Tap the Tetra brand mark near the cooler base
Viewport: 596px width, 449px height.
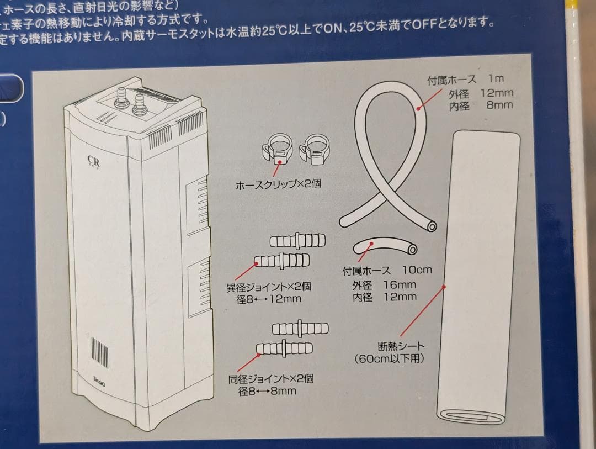coord(99,381)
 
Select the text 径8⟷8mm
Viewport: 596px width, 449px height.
coord(267,392)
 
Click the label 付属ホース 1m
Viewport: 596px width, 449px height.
coord(465,80)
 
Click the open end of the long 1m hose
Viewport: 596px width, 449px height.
coord(431,226)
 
